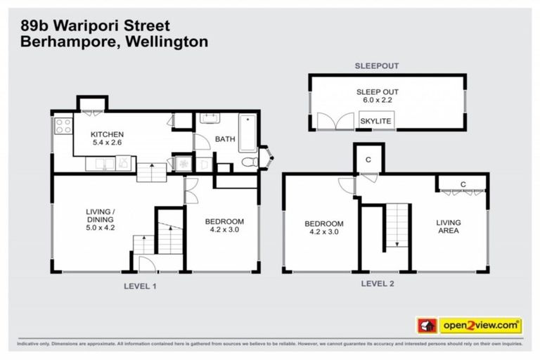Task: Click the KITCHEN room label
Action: (x=108, y=134)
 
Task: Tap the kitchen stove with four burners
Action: (x=63, y=127)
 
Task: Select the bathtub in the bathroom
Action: (x=247, y=133)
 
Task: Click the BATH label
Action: (x=224, y=139)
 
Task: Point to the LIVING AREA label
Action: (x=448, y=226)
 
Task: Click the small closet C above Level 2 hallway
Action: (x=368, y=158)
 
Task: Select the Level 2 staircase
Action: (x=396, y=224)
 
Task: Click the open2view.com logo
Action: (x=480, y=325)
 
